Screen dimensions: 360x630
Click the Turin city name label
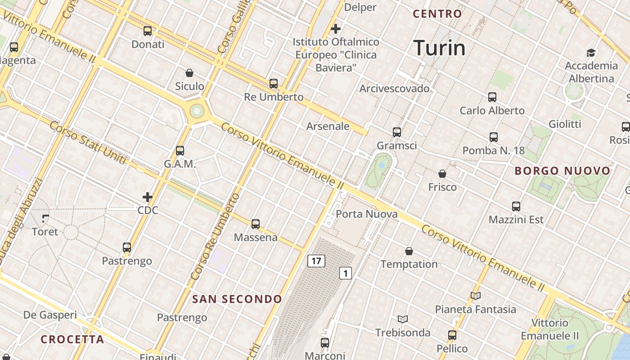pos(439,48)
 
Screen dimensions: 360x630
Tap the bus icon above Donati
pos(148,31)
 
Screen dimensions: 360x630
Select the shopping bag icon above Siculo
pos(189,73)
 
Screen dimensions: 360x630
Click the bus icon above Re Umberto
pos(274,84)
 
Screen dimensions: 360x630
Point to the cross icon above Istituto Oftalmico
pos(335,29)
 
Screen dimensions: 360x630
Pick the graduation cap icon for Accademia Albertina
pos(591,53)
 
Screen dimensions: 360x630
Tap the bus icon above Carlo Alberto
pos(492,97)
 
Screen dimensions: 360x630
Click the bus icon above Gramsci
pos(396,132)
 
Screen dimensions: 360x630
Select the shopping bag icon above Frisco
pos(442,174)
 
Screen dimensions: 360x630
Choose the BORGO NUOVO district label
pos(562,171)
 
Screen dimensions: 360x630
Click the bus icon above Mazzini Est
pos(516,207)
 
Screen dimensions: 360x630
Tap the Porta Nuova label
pos(367,214)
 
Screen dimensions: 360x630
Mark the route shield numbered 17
pos(316,261)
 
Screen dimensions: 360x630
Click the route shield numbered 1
pos(345,273)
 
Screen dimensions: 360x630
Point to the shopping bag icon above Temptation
pos(409,251)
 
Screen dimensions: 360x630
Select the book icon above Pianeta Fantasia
pos(476,296)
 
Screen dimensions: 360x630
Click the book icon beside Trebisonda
pos(403,319)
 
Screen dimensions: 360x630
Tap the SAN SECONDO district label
pos(237,299)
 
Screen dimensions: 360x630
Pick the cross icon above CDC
pos(148,197)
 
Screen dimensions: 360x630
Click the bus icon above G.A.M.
pos(180,151)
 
